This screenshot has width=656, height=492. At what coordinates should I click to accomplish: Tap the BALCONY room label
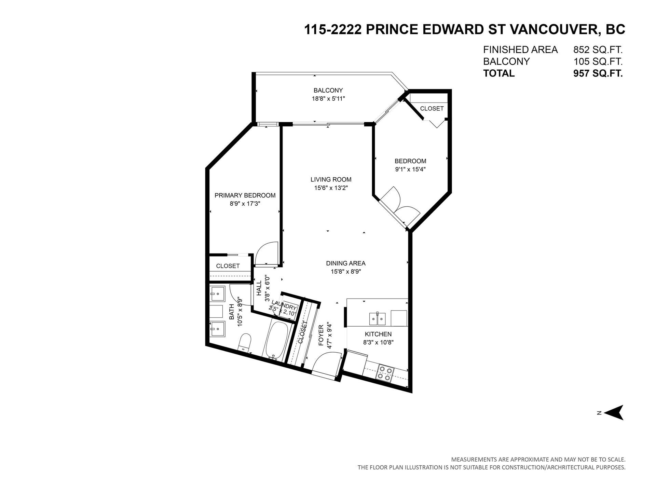328,91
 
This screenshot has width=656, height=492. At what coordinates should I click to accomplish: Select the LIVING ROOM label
331,179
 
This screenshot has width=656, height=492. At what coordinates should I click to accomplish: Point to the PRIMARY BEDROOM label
245,195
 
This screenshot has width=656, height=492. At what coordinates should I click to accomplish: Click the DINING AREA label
346,263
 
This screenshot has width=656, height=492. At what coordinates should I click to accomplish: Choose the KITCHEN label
378,334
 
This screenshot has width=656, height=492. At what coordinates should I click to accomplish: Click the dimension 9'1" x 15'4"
410,169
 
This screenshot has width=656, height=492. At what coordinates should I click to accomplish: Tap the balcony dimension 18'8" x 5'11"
328,99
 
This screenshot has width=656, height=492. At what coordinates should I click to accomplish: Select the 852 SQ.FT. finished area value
598,50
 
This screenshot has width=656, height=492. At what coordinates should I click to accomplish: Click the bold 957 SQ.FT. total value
598,73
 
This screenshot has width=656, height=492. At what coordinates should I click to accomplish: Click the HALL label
259,288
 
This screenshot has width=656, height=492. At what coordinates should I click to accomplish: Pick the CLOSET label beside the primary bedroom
228,266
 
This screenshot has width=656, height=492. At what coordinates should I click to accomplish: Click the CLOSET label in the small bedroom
432,109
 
